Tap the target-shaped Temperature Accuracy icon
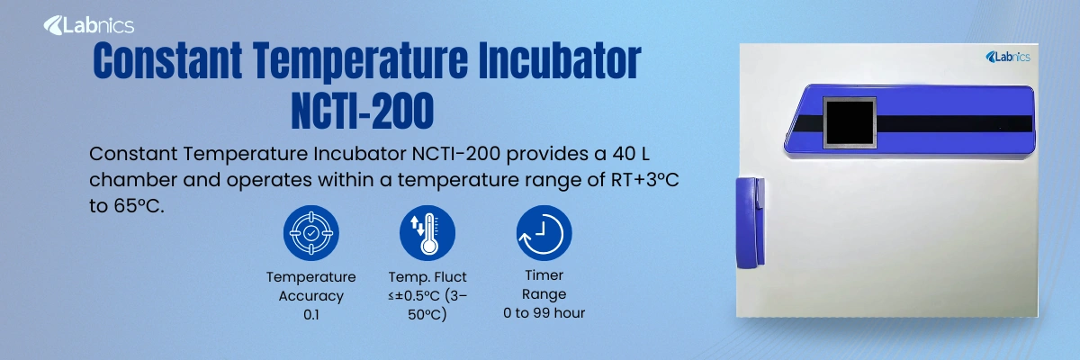[x=310, y=233]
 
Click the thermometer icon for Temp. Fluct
[x=427, y=233]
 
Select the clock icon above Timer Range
[x=544, y=233]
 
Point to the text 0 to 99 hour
[x=544, y=313]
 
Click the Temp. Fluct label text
[x=427, y=277]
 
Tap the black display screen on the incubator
[x=850, y=129]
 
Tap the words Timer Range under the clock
[x=544, y=285]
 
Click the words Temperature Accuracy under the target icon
[x=310, y=286]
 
